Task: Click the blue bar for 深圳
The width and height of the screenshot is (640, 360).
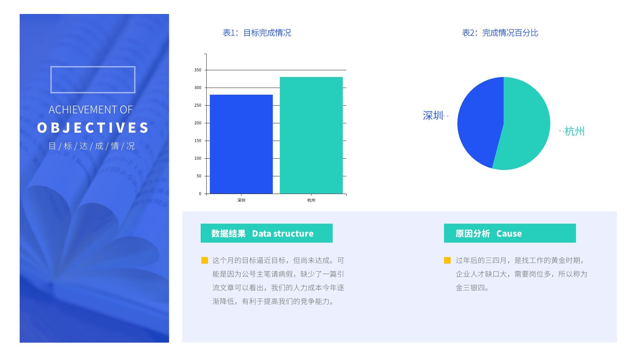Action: coord(241,144)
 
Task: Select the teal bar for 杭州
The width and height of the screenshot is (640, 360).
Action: coord(311,135)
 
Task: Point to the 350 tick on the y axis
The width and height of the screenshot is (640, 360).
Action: coord(198,70)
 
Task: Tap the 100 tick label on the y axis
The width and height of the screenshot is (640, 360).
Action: coord(198,158)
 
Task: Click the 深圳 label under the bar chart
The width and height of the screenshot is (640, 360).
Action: coord(241,200)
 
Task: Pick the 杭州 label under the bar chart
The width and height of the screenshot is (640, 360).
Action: coord(311,200)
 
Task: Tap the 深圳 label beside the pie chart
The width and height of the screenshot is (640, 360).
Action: coord(433,116)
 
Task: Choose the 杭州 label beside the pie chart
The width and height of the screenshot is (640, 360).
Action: coord(574,131)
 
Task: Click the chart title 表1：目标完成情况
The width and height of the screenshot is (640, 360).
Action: coord(257,33)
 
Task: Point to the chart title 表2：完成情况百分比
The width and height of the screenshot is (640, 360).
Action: coord(500,33)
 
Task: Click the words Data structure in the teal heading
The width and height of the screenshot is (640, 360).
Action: coord(283,234)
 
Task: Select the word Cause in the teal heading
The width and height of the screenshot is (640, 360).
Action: coord(509,234)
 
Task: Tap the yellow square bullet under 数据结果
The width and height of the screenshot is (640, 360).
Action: coord(205,260)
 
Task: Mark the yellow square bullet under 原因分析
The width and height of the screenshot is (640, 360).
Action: coord(447,260)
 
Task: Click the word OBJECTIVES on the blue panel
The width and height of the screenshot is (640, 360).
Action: coord(93,128)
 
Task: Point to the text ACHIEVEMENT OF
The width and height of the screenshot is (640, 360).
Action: coord(91,110)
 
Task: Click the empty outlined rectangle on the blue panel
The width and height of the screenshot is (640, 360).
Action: coord(93,80)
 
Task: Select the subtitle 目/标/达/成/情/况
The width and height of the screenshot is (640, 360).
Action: coord(92,146)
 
